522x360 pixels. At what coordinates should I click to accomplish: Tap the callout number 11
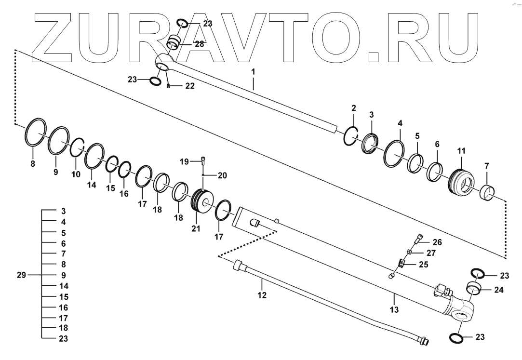coord(461,151)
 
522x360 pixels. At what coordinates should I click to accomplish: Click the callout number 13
coord(394,310)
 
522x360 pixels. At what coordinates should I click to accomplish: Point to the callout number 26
coord(437,242)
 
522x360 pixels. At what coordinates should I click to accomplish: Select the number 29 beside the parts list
coord(21,275)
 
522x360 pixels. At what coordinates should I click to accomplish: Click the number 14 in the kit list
coord(63,286)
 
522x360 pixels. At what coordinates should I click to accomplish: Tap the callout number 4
coord(400,123)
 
